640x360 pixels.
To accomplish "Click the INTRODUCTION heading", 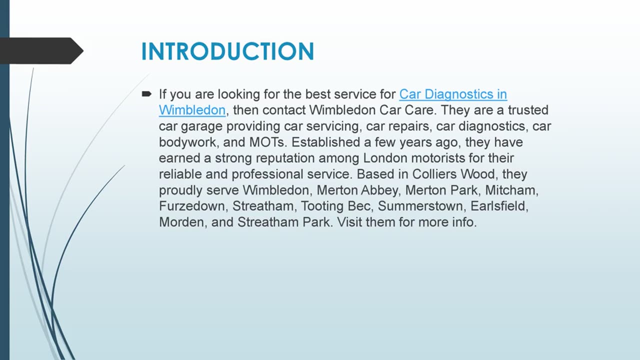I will pyautogui.click(x=227, y=51).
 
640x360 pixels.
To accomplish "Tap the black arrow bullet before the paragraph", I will pyautogui.click(x=146, y=93).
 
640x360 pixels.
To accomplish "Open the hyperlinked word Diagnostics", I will pyautogui.click(x=453, y=94).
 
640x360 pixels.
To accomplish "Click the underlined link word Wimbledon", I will pyautogui.click(x=192, y=110).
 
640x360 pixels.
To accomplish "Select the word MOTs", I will pyautogui.click(x=268, y=142).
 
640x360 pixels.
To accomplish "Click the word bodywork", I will pyautogui.click(x=187, y=142).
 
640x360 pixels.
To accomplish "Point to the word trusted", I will pyautogui.click(x=528, y=110).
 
